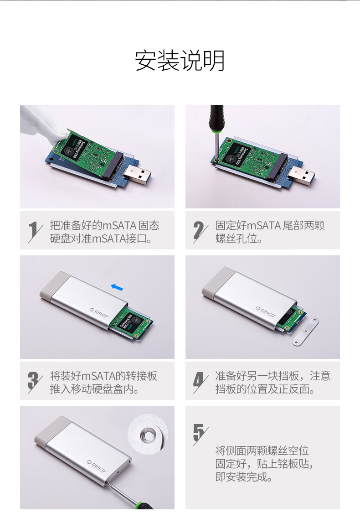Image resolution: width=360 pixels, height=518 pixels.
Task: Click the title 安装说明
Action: [x=180, y=61]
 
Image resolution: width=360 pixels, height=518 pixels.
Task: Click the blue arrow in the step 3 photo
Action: [x=117, y=287]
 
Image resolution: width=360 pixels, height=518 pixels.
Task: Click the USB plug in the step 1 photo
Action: [x=137, y=174]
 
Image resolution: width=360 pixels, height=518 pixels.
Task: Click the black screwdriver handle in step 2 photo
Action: [x=216, y=117]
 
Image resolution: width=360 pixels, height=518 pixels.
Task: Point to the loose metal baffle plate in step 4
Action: [x=305, y=332]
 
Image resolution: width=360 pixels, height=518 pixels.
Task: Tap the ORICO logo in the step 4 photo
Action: [x=266, y=312]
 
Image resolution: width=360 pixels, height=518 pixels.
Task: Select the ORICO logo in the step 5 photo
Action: [x=97, y=466]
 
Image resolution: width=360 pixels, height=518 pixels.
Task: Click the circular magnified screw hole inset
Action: [x=148, y=434]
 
